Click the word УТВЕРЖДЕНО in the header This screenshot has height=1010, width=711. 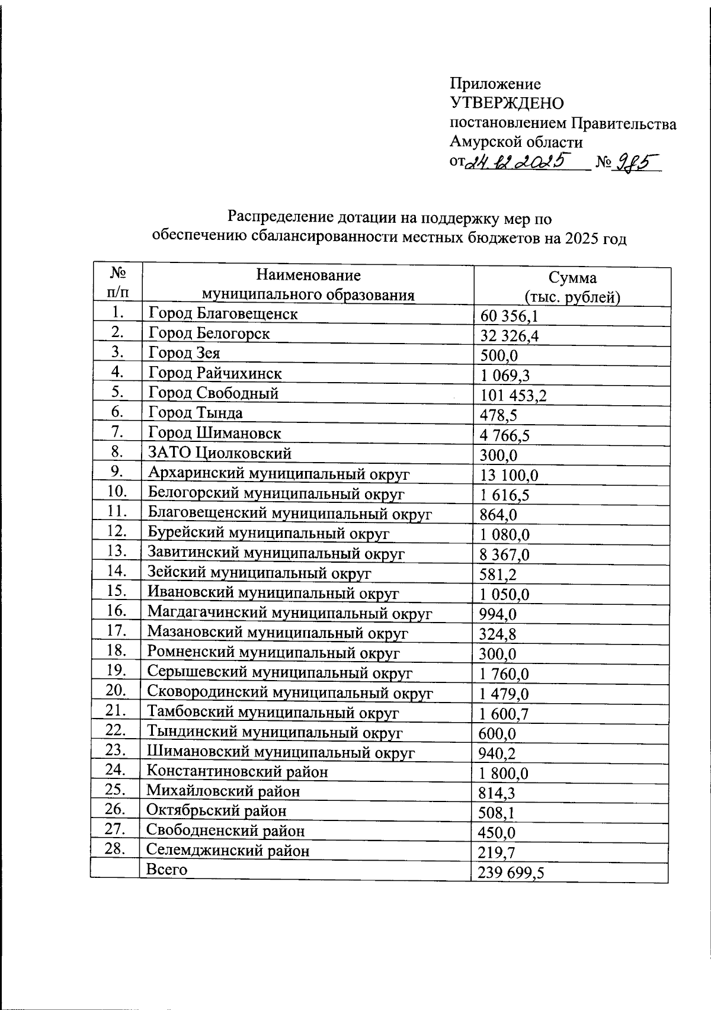507,103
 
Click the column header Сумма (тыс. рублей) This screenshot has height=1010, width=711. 572,287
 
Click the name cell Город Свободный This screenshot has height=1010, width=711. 213,393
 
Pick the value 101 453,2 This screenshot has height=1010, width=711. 513,396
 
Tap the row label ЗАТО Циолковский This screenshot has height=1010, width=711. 220,454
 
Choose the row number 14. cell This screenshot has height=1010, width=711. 117,571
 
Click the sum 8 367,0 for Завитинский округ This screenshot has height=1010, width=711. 504,555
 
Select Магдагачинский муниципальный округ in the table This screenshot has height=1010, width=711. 290,613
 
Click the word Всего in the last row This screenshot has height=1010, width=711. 167,870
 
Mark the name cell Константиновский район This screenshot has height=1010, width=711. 237,772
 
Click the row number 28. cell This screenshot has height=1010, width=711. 116,849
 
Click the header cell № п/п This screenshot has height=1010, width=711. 117,283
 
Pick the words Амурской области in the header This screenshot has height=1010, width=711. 515,142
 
